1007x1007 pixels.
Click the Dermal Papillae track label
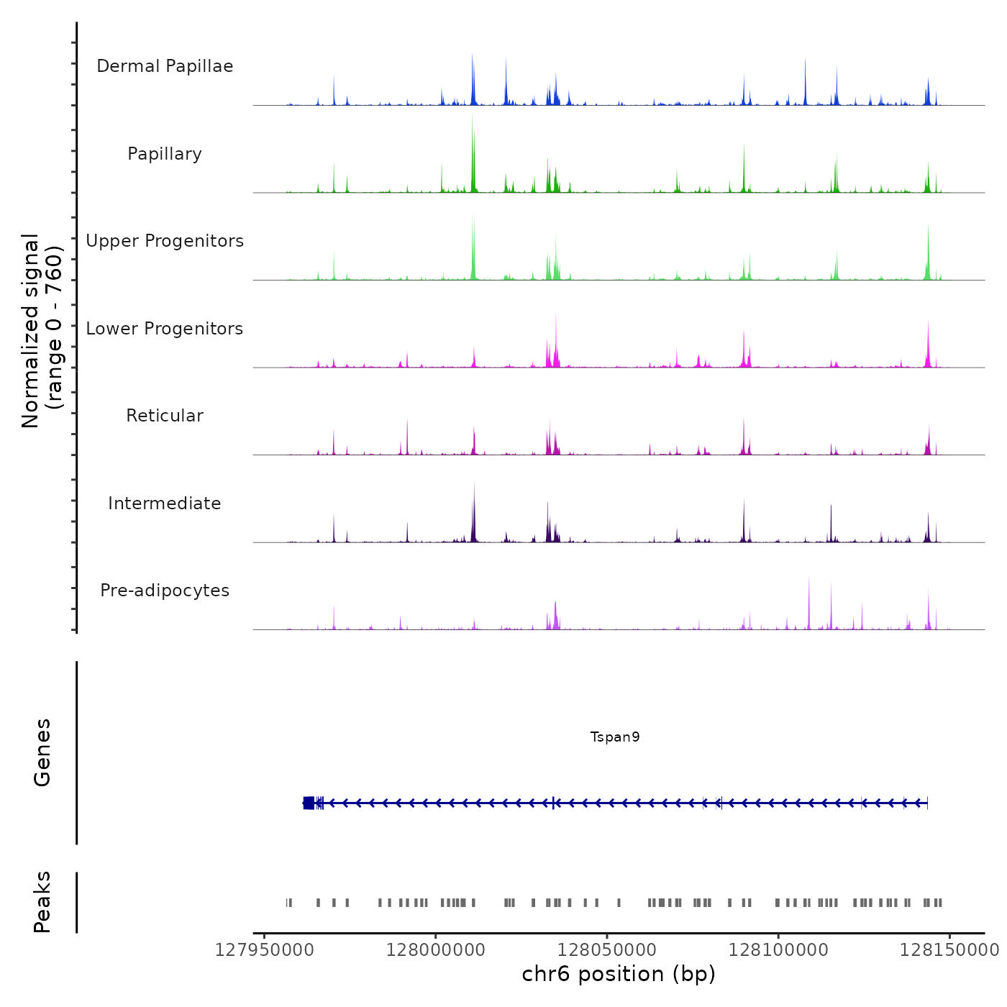165,66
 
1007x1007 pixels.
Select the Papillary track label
165,154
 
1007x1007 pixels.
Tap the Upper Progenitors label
165,241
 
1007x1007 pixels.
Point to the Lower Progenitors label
165,329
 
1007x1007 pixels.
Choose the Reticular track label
165,416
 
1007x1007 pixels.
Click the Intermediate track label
165,503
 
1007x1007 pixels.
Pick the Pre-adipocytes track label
165,591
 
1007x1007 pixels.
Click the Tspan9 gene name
615,737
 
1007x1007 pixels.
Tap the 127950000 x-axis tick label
265,950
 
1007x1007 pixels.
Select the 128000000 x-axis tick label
436,950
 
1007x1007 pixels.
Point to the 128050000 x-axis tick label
607,950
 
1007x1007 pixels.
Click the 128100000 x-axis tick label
778,950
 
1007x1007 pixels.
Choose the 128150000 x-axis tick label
949,950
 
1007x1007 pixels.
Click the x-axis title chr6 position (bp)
619,974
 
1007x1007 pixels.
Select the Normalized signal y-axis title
42,331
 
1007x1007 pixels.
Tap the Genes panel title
42,752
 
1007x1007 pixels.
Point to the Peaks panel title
42,902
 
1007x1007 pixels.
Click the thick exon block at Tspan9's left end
309,803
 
